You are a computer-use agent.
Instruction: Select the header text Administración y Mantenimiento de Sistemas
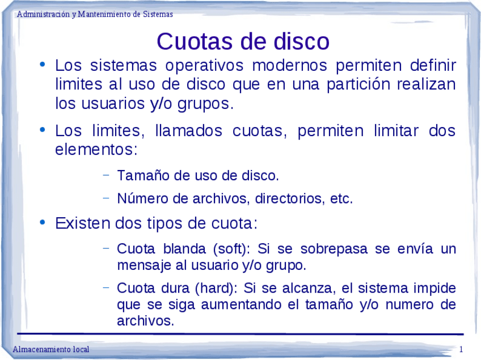(95, 14)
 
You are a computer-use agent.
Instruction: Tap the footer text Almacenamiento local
(51, 349)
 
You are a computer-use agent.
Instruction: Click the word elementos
(95, 150)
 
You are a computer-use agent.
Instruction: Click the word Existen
(82, 223)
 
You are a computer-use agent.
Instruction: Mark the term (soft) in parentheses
(233, 249)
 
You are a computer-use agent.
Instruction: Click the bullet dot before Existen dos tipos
(43, 222)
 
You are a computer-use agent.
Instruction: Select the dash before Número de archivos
(106, 198)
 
